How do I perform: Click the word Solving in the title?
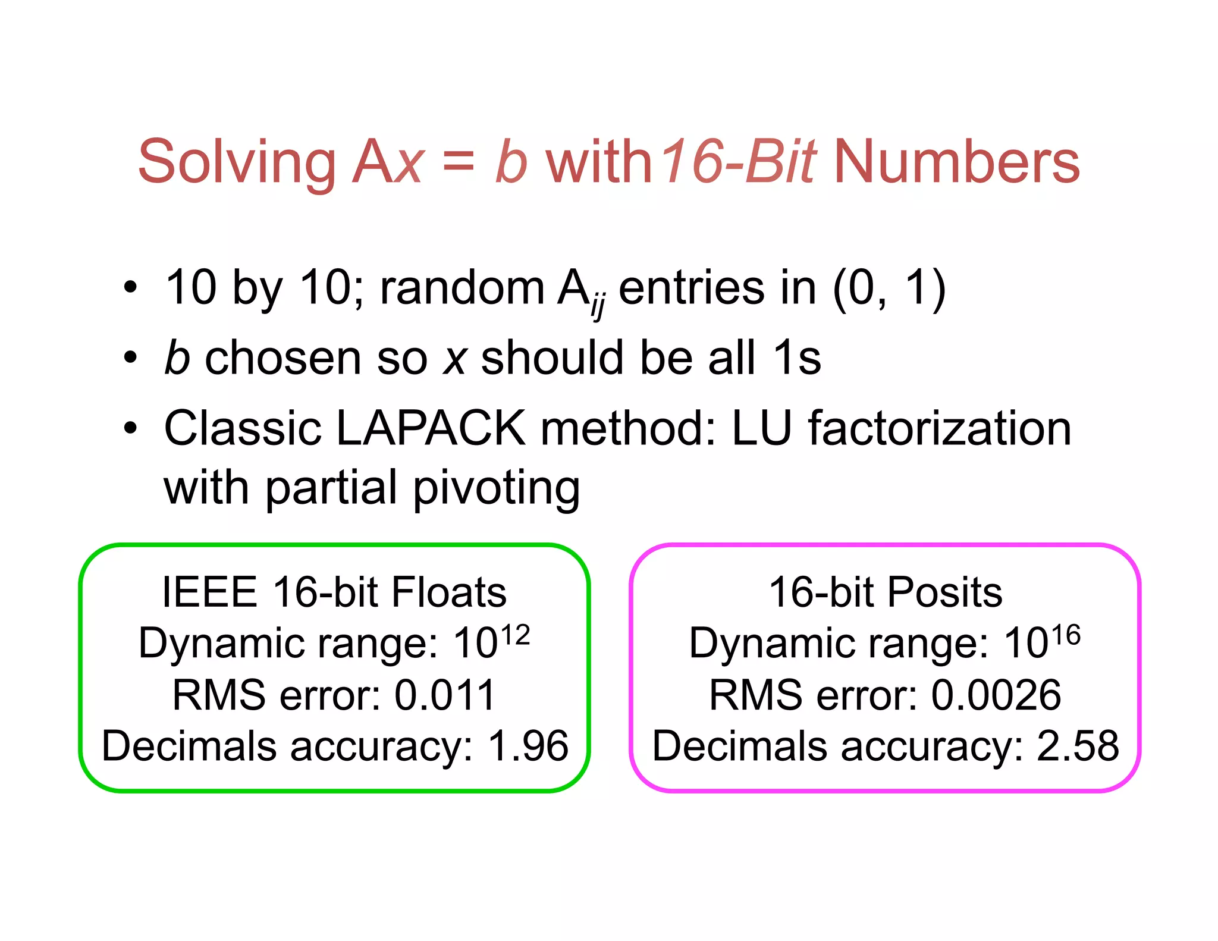tap(237, 162)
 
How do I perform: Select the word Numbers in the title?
tap(957, 162)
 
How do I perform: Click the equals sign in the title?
tap(459, 162)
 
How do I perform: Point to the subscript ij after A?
tap(598, 307)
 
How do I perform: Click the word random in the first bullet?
tap(462, 288)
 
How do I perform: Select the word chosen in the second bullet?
tap(283, 358)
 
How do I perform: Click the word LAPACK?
tap(431, 428)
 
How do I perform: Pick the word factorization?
tap(939, 428)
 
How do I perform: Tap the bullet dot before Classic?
tap(130, 428)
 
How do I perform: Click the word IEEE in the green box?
tap(209, 592)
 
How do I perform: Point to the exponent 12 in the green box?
tap(515, 635)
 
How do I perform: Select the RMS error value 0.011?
tap(445, 695)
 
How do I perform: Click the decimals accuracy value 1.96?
tap(528, 746)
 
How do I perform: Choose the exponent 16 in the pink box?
tap(1065, 635)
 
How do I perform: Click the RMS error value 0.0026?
tap(996, 695)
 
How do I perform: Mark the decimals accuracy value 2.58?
tap(1078, 746)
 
